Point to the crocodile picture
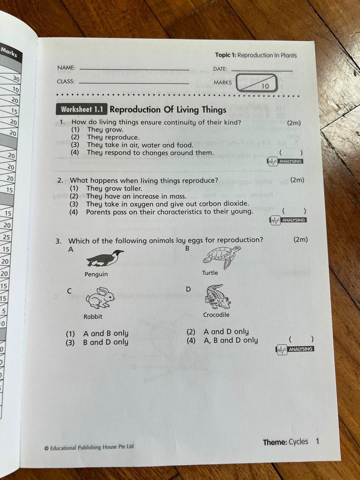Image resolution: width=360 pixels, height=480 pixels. coord(217,296)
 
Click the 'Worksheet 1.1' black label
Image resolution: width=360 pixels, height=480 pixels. coord(82,109)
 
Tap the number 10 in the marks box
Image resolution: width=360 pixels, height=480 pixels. coord(265,86)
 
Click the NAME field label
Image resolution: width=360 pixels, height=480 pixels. coord(66,68)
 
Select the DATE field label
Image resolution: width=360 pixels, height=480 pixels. coord(220,69)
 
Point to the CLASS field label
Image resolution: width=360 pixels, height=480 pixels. coord(66,82)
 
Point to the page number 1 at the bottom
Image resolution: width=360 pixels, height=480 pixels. coord(317,441)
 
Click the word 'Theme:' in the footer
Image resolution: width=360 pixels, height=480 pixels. coord(275,442)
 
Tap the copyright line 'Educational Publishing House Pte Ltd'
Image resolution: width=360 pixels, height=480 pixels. coord(92,447)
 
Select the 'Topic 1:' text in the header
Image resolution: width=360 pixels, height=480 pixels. coord(225,55)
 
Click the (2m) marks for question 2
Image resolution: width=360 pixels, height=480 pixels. coord(297,180)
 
